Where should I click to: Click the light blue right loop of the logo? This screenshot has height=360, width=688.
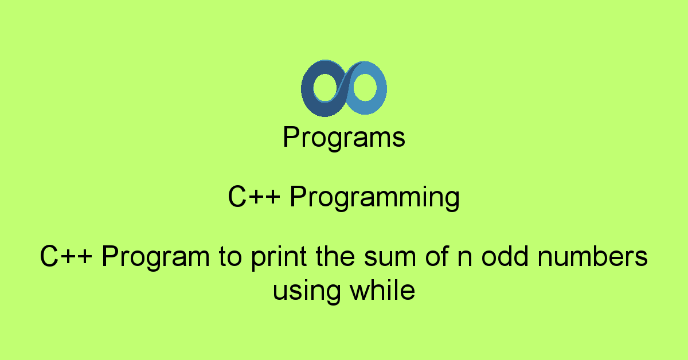click(380, 86)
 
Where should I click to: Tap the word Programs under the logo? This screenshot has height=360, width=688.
click(344, 138)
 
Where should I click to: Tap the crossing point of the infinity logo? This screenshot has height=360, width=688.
click(345, 87)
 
